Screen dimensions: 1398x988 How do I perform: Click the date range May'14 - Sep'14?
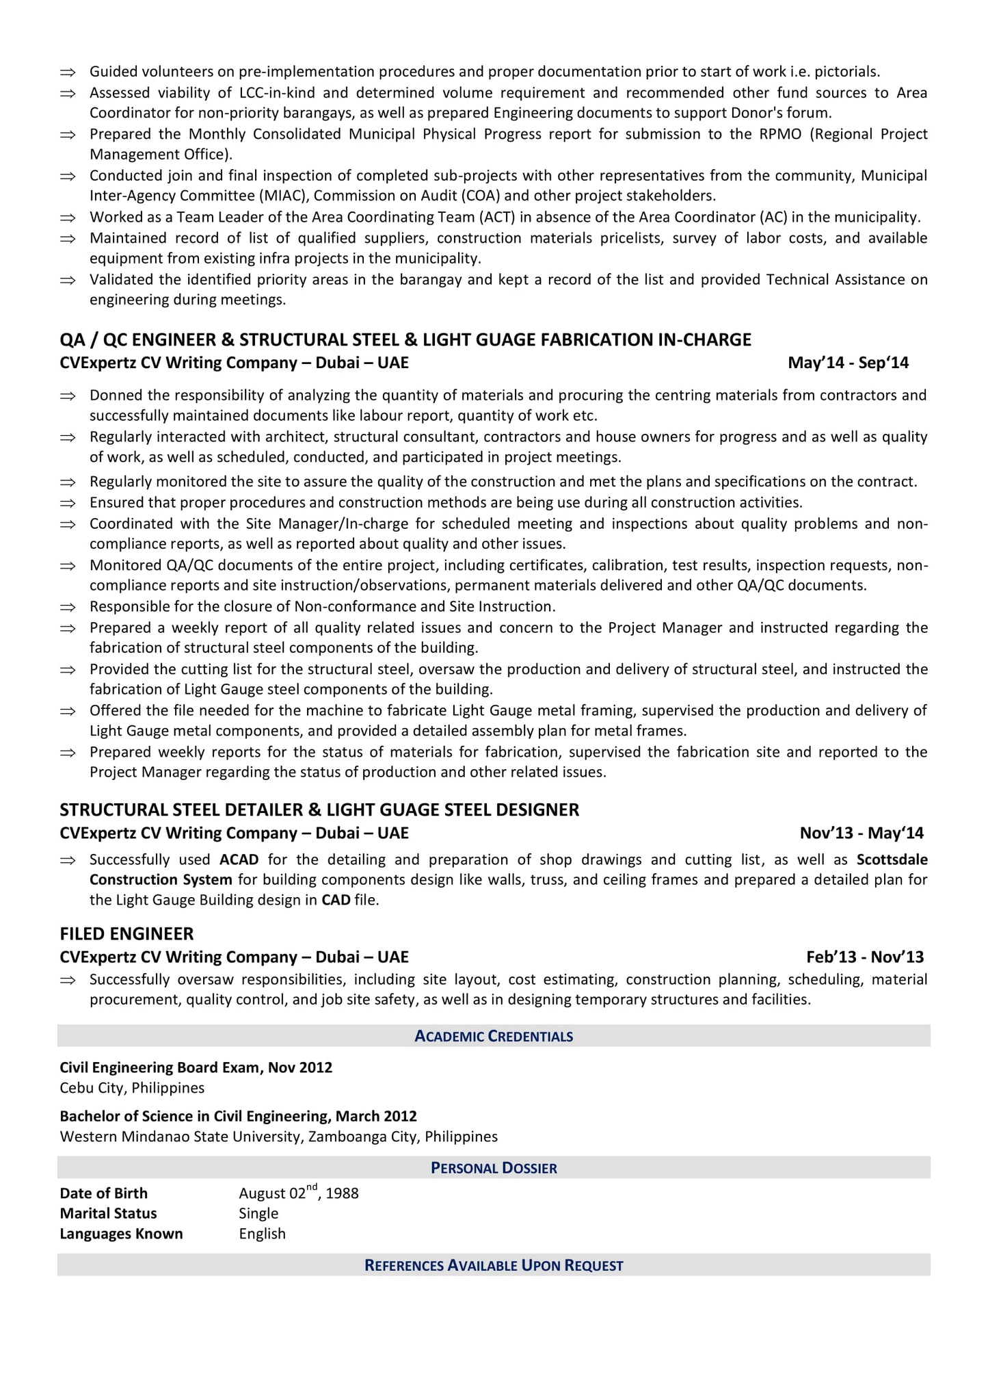point(848,363)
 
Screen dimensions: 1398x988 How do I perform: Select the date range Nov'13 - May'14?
point(861,833)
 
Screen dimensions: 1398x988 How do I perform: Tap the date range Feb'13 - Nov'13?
point(864,957)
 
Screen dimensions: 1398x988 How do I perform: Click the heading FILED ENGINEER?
point(126,933)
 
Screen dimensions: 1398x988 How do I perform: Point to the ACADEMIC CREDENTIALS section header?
point(494,1036)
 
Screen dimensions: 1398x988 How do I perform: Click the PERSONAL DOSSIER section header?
point(494,1168)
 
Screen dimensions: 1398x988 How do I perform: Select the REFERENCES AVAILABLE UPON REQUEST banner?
point(494,1265)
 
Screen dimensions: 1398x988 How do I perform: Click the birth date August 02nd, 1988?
point(298,1193)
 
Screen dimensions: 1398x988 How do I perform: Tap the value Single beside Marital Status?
point(258,1213)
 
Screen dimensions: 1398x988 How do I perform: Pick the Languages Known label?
point(121,1234)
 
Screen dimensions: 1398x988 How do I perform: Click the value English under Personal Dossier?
point(262,1234)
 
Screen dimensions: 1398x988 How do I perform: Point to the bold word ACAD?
point(239,859)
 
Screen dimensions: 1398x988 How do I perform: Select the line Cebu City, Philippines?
point(132,1087)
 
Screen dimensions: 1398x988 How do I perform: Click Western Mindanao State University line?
point(278,1137)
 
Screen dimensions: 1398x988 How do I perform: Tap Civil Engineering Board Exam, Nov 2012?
point(196,1067)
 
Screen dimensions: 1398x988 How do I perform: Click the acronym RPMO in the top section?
point(779,134)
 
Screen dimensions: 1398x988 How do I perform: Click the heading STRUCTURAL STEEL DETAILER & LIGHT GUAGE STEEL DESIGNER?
point(319,810)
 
